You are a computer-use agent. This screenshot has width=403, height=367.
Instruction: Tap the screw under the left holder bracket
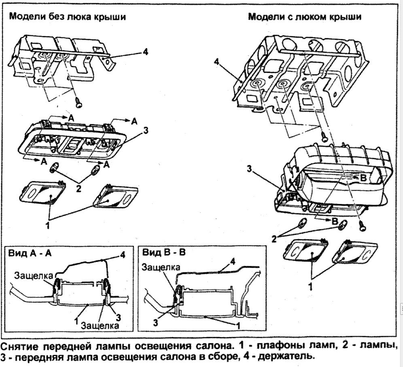tap(79, 104)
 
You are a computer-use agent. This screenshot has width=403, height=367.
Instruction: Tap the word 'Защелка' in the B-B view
tap(160, 267)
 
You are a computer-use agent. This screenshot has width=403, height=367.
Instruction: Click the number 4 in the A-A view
tap(122, 255)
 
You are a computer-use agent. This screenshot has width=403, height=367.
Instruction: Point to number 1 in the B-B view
tap(239, 325)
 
